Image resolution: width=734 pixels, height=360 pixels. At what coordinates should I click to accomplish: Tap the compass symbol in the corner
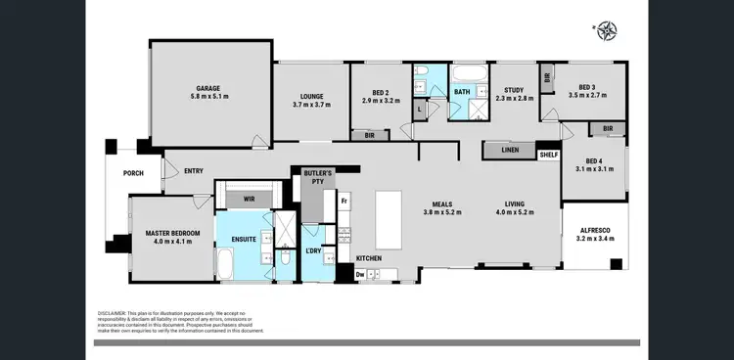click(x=608, y=30)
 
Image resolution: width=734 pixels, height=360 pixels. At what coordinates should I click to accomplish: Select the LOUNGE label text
click(x=311, y=96)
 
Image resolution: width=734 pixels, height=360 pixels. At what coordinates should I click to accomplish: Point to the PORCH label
click(x=133, y=175)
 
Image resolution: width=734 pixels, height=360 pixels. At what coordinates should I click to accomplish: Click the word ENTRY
click(x=194, y=171)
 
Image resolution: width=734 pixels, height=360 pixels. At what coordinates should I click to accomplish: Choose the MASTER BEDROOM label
click(x=172, y=233)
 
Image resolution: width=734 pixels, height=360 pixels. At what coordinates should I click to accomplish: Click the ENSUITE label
click(x=245, y=238)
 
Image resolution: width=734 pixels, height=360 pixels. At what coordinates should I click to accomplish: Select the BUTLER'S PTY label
click(x=317, y=177)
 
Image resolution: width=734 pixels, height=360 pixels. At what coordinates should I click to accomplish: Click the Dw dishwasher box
click(x=361, y=275)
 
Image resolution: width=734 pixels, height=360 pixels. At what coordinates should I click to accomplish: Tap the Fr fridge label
click(x=344, y=201)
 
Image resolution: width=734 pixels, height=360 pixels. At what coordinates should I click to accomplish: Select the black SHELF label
click(x=548, y=154)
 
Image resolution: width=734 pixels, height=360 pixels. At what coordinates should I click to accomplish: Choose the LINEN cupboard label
click(x=509, y=150)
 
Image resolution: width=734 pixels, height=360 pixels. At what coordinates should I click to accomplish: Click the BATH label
click(x=462, y=92)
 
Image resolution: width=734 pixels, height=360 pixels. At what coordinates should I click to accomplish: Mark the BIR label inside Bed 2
click(x=369, y=135)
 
